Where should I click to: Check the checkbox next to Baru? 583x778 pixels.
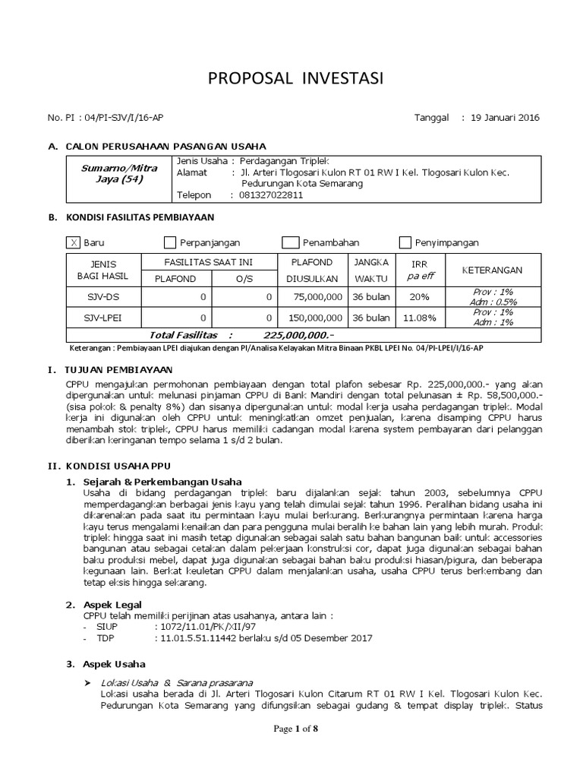tap(74, 242)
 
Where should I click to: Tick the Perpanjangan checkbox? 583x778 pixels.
tap(170, 242)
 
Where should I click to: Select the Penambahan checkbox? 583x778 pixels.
tap(290, 242)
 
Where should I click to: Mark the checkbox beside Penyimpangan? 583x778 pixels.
tap(405, 242)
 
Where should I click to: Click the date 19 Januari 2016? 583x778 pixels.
tap(506, 118)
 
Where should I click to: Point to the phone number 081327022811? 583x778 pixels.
tap(272, 194)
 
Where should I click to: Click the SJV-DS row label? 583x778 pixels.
tap(101, 296)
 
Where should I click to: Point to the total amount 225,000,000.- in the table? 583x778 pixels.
tap(298, 334)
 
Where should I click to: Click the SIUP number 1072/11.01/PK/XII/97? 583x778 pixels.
tap(205, 626)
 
